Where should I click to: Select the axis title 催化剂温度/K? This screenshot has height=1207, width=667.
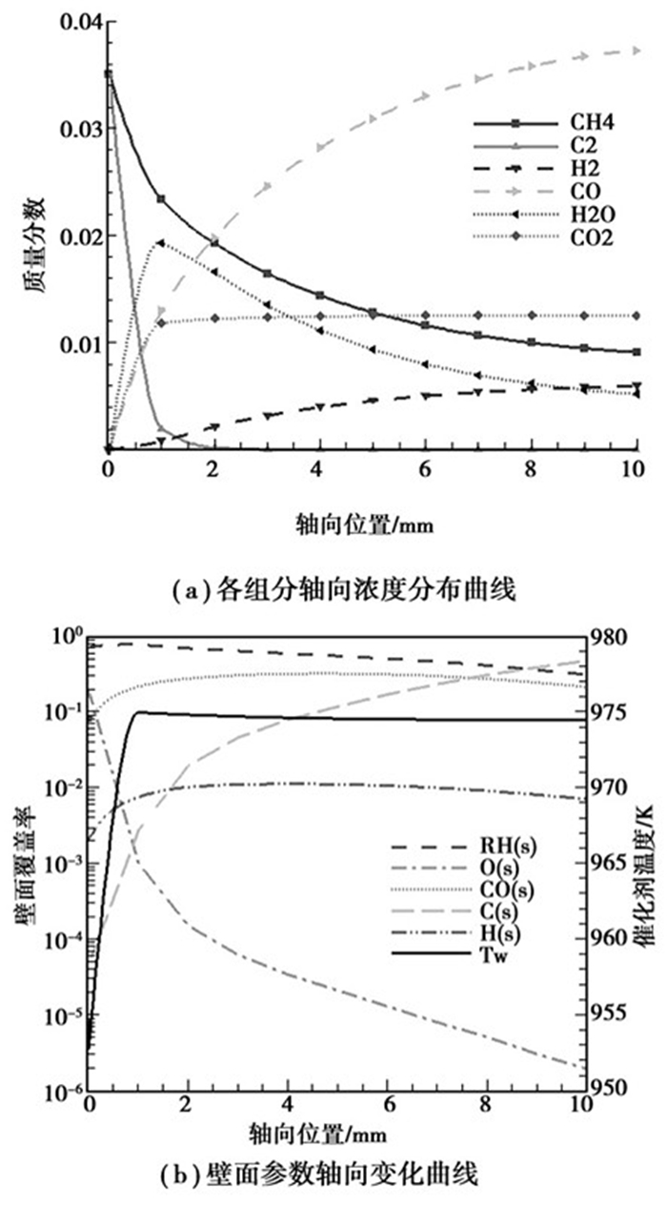[655, 862]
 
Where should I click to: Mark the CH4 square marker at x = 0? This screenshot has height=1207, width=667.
[109, 73]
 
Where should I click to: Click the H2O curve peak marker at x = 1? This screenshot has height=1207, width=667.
[160, 243]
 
